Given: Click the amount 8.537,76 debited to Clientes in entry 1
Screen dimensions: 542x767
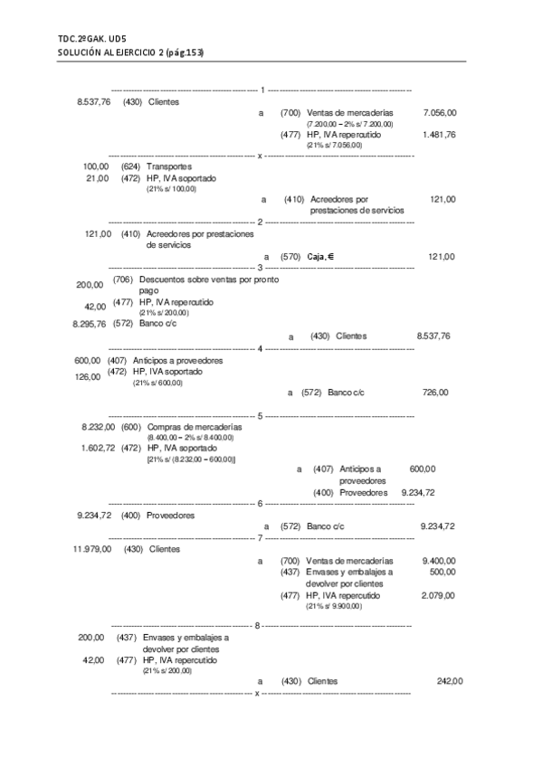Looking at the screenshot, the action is (93, 102).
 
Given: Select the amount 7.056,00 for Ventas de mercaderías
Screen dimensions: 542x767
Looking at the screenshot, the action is (439, 112).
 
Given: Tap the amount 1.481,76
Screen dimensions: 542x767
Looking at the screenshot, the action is (439, 134).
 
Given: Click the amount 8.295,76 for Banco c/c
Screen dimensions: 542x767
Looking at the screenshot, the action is (89, 323).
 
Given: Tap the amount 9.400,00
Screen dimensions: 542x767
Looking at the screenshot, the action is (439, 561).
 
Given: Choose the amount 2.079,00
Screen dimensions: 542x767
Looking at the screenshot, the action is (439, 595).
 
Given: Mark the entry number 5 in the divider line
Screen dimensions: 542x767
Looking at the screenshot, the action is (261, 415).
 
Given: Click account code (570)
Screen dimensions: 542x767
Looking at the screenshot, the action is (290, 257).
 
